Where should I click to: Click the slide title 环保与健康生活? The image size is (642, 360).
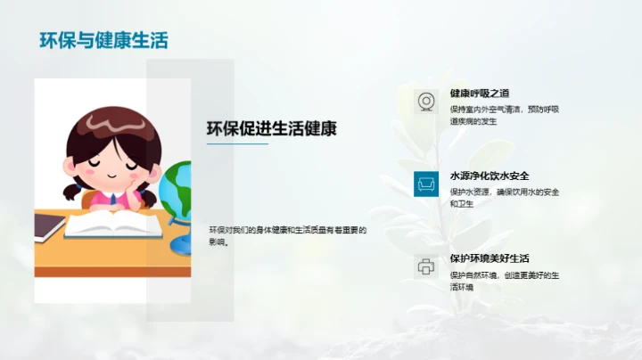click(x=103, y=40)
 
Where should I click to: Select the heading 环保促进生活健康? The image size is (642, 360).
click(x=271, y=127)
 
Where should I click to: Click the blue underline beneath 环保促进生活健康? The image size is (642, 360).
click(x=237, y=144)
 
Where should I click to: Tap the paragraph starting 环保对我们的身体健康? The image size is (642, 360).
click(x=287, y=235)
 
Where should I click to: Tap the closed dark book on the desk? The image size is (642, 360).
click(x=48, y=226)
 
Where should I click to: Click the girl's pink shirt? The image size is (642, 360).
click(x=111, y=198)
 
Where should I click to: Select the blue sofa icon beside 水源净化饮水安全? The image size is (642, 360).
click(x=426, y=184)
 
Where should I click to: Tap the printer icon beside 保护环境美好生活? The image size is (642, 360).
click(x=426, y=266)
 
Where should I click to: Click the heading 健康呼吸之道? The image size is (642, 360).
click(x=479, y=93)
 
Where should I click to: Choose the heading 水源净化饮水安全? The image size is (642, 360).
click(x=490, y=176)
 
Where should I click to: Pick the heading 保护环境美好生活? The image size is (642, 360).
click(x=490, y=258)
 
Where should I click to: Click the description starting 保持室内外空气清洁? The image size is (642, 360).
click(x=504, y=115)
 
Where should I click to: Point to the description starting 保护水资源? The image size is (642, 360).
click(x=504, y=197)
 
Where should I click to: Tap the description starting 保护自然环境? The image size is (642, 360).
click(x=504, y=281)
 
